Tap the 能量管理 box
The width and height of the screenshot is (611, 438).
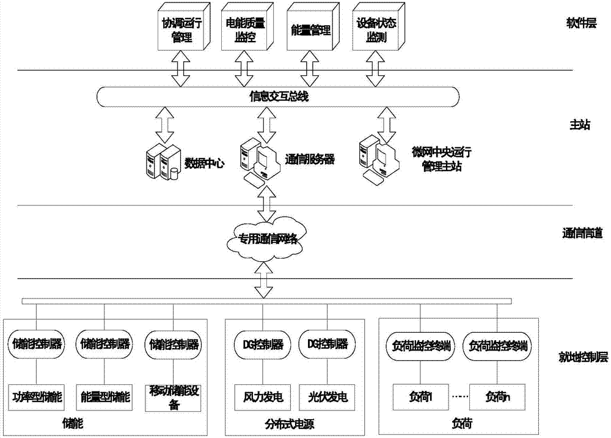(309, 28)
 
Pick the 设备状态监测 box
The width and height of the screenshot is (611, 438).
(373, 28)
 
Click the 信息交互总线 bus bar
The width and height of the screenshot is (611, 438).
(278, 95)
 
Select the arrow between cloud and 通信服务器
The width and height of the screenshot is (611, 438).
(265, 204)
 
